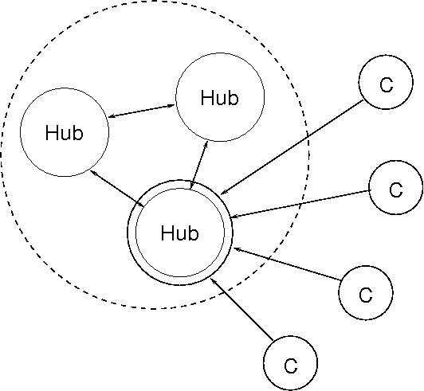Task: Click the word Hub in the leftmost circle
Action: pyautogui.click(x=65, y=132)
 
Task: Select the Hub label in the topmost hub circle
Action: pyautogui.click(x=220, y=97)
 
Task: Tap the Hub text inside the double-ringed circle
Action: pyautogui.click(x=180, y=233)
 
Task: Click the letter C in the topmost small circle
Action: pyautogui.click(x=387, y=85)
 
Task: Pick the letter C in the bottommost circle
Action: pyautogui.click(x=291, y=366)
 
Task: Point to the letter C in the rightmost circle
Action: pyautogui.click(x=396, y=190)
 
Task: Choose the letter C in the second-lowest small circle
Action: pyautogui.click(x=366, y=295)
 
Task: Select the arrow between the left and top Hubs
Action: pyautogui.click(x=142, y=111)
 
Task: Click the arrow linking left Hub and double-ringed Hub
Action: pyautogui.click(x=117, y=189)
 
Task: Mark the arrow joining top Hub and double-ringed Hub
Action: pyautogui.click(x=198, y=165)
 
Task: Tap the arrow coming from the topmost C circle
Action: pyautogui.click(x=292, y=147)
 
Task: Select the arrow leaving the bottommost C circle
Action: pyautogui.click(x=241, y=309)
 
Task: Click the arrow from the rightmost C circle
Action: pyautogui.click(x=300, y=204)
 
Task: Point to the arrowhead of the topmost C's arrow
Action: pyautogui.click(x=223, y=193)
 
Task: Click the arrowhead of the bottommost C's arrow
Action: pyautogui.click(x=213, y=281)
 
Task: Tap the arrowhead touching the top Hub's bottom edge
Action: pyautogui.click(x=206, y=144)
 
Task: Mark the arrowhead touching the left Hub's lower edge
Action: pyautogui.click(x=92, y=172)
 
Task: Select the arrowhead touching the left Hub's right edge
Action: pyautogui.click(x=112, y=116)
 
